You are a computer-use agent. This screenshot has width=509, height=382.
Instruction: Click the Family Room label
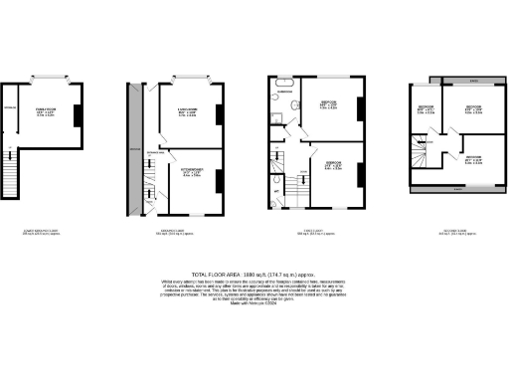point(46,111)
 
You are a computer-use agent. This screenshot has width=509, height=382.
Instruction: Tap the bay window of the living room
point(188,78)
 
